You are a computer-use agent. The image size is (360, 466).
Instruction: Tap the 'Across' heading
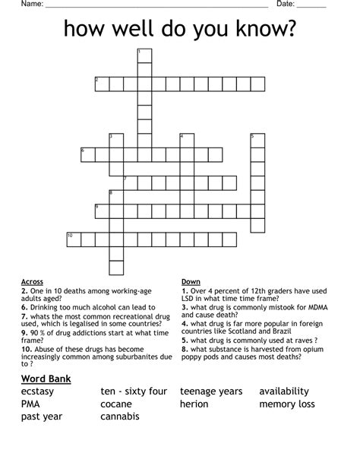point(33,281)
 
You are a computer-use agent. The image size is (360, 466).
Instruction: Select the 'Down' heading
point(191,281)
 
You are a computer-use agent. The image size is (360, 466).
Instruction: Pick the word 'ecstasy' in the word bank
point(43,392)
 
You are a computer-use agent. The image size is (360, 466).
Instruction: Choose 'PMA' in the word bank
point(30,404)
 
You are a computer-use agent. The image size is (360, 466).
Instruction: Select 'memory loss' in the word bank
point(287,404)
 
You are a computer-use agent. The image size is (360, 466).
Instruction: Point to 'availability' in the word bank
point(284,392)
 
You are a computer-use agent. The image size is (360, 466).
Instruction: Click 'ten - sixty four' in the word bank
point(134,392)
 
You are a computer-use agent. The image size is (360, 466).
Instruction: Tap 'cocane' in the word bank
point(116,404)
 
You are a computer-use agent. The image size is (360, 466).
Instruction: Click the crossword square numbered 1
point(144,55)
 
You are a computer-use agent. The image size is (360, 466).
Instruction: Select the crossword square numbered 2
point(102,84)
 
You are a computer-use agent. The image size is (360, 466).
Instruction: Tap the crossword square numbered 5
point(257,141)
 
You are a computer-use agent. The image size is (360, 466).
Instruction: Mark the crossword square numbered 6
point(87,155)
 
